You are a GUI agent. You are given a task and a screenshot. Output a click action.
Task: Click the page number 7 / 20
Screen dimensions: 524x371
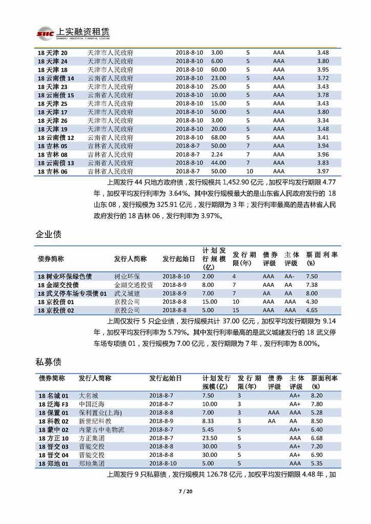point(186,492)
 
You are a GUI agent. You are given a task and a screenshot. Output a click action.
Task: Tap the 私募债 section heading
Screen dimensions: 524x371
point(49,362)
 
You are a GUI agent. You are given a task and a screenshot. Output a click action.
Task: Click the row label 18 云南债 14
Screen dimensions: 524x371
point(56,78)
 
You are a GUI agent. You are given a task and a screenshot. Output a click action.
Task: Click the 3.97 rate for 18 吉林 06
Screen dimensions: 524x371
point(322,171)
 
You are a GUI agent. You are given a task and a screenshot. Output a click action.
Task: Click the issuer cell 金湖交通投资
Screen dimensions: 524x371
point(133,285)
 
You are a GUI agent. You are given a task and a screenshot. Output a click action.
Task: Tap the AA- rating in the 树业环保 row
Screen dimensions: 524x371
point(290,276)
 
